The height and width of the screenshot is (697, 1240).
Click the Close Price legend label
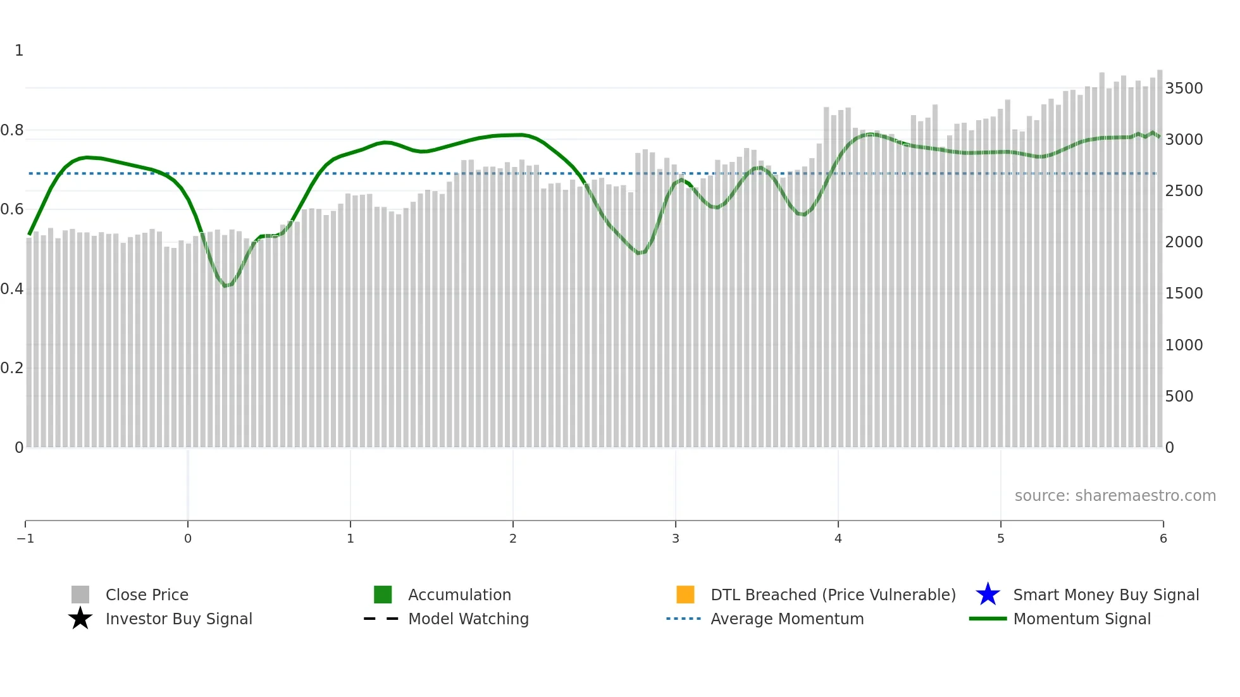147,595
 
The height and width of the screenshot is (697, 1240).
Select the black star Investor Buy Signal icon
80,619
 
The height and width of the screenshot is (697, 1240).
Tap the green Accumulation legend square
383,595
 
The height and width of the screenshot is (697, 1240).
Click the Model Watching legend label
468,619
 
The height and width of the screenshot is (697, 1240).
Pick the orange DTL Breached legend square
685,595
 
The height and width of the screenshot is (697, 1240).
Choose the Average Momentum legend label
787,619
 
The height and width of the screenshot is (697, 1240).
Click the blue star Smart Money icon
988,595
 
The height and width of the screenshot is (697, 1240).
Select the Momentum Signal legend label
1082,619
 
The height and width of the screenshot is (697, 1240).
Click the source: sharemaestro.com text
1115,495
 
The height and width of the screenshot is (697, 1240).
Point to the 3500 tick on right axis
1184,88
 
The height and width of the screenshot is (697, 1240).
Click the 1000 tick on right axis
1184,345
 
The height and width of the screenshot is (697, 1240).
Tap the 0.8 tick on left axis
12,130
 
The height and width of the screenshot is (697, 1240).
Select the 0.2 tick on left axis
12,368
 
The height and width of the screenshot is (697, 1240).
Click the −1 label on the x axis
25,538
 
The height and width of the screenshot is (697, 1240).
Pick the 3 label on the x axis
676,538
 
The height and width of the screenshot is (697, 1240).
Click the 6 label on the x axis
1163,538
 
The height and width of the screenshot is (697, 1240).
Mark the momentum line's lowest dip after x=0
225,286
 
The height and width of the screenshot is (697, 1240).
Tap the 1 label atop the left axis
19,51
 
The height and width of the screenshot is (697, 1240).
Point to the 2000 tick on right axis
1184,242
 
